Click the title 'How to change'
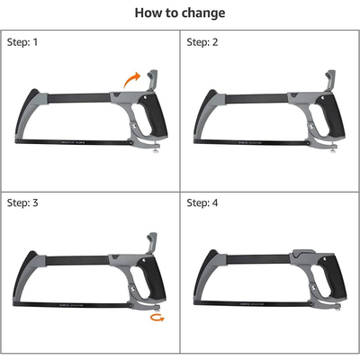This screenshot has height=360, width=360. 180,13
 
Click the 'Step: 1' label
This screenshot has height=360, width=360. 24,42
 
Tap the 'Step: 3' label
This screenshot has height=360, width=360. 24,203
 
